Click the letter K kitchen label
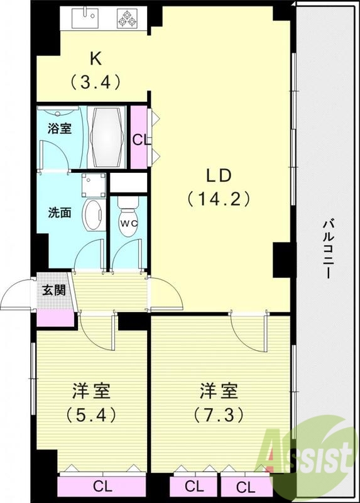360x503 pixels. tap(95, 58)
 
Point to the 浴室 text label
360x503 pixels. tap(60, 128)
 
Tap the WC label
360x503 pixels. tap(128, 223)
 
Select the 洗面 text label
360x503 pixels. tap(60, 212)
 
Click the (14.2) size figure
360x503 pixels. tap(219, 199)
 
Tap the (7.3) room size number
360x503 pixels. tap(218, 415)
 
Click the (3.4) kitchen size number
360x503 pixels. tap(95, 80)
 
